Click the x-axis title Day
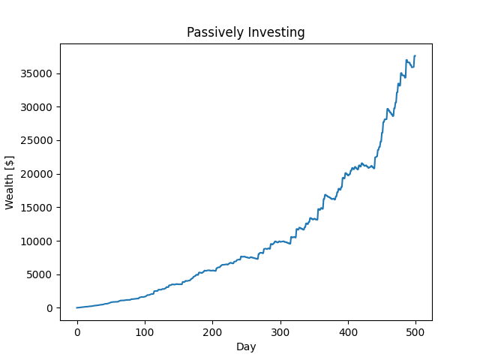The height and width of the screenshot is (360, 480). [x=246, y=346]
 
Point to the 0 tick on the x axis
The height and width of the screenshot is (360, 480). [x=77, y=332]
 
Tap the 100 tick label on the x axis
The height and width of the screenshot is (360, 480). [x=145, y=332]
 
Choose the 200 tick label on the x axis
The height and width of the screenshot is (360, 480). [x=212, y=332]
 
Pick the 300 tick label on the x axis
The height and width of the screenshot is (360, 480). [x=280, y=332]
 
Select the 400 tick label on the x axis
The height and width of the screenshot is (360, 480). [x=348, y=332]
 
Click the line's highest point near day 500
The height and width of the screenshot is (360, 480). [x=415, y=55]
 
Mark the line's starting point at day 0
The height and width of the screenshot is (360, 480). [x=77, y=307]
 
